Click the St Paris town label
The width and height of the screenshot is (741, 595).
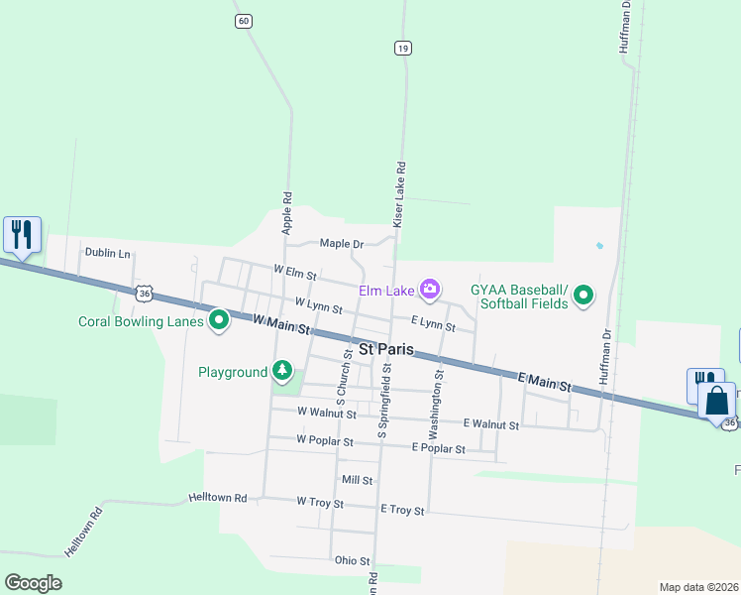[385, 350]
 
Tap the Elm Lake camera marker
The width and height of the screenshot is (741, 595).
[430, 290]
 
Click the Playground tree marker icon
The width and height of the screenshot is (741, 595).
[282, 371]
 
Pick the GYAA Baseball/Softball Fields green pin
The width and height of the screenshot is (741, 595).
[583, 295]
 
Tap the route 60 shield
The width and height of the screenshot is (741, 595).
[244, 21]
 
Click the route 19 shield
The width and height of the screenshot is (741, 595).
[401, 48]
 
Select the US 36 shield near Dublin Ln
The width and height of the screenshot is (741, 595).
[146, 294]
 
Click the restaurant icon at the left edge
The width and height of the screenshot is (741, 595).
[22, 235]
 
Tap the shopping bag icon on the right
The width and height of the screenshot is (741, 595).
[716, 402]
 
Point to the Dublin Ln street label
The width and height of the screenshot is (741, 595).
[107, 254]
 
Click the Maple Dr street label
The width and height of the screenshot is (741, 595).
[342, 244]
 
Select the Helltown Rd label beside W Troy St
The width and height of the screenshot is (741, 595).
[217, 497]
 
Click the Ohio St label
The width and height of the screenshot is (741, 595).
[352, 560]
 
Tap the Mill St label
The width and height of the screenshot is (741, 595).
[357, 480]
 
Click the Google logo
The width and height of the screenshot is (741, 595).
[33, 583]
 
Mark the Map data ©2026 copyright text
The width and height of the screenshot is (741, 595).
[698, 587]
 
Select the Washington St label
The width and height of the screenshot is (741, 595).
[435, 406]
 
